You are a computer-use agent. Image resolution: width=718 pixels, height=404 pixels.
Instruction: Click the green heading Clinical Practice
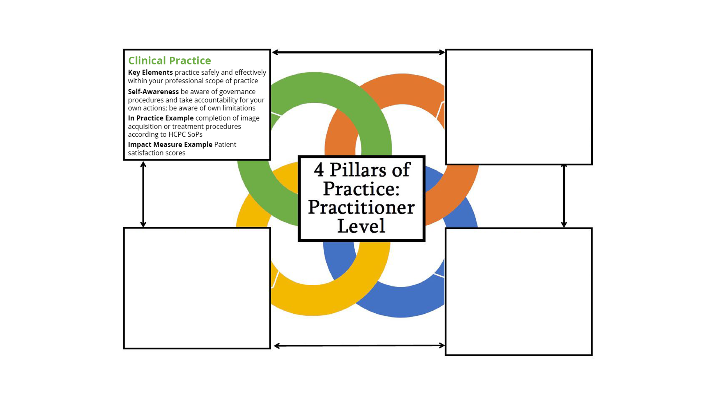tap(169, 61)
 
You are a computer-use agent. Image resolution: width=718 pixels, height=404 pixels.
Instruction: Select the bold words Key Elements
tap(150, 72)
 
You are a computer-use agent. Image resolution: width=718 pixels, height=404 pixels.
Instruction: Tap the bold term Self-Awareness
tap(153, 92)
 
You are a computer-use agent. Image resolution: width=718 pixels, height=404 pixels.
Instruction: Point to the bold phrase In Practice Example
tap(161, 118)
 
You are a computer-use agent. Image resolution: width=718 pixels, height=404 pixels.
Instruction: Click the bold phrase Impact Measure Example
tap(170, 144)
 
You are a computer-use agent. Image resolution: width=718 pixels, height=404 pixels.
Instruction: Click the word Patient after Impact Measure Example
tap(225, 144)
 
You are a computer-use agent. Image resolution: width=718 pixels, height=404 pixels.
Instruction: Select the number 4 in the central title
tap(319, 170)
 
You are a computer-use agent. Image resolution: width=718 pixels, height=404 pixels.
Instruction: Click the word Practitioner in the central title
tap(362, 207)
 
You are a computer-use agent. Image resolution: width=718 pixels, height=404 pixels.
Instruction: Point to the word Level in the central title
tap(362, 226)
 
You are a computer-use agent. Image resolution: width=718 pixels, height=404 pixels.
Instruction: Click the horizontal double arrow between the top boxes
tap(358, 52)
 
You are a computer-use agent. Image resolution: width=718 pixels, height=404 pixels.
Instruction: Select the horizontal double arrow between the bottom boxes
tap(359, 346)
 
